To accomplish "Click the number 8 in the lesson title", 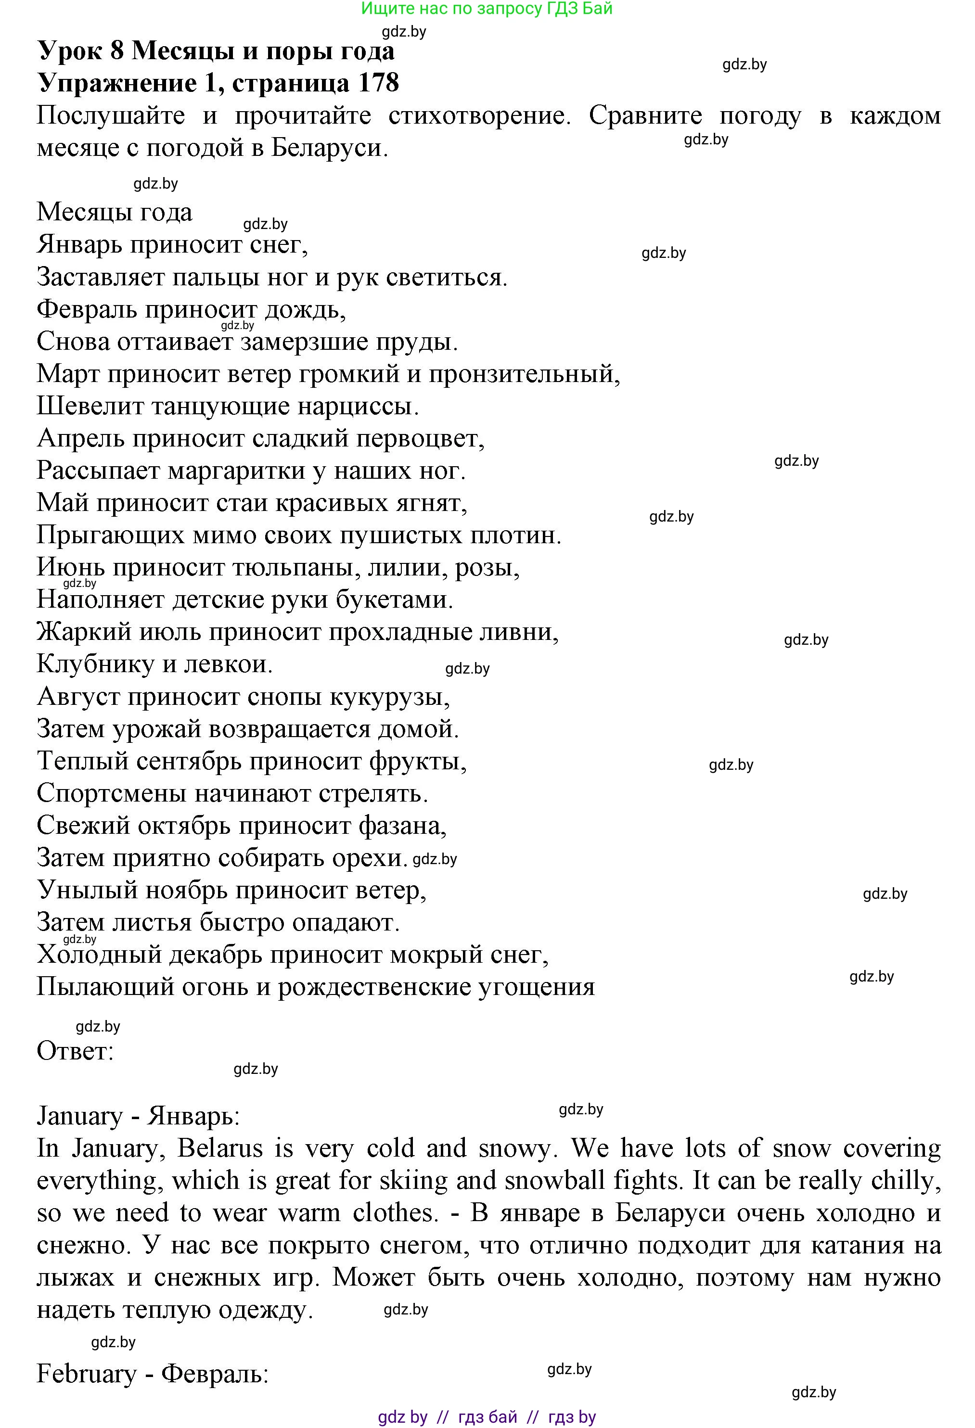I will (117, 51).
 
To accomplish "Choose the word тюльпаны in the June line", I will (293, 567).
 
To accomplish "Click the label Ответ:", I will (75, 1051).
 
